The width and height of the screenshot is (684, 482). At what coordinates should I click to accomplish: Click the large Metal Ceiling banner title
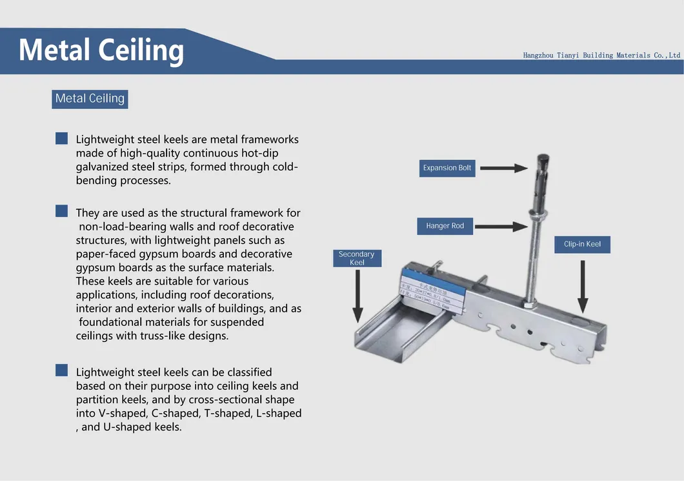101,50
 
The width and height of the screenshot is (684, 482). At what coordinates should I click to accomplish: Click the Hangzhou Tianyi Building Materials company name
601,55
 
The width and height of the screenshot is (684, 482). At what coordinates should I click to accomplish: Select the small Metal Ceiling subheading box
90,99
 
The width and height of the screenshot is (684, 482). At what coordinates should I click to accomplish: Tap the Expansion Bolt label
447,168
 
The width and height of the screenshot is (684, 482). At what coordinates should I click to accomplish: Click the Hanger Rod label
445,226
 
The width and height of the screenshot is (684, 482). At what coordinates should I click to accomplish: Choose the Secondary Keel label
357,258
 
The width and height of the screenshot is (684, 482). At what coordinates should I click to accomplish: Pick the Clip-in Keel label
582,244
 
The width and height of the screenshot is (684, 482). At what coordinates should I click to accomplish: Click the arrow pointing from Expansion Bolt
503,168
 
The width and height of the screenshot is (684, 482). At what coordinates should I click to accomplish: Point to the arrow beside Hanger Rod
503,226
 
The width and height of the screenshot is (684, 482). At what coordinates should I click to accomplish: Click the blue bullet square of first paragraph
61,138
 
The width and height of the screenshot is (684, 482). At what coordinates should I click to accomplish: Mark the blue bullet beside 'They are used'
61,211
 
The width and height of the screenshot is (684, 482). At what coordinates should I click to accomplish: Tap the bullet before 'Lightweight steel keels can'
61,370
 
